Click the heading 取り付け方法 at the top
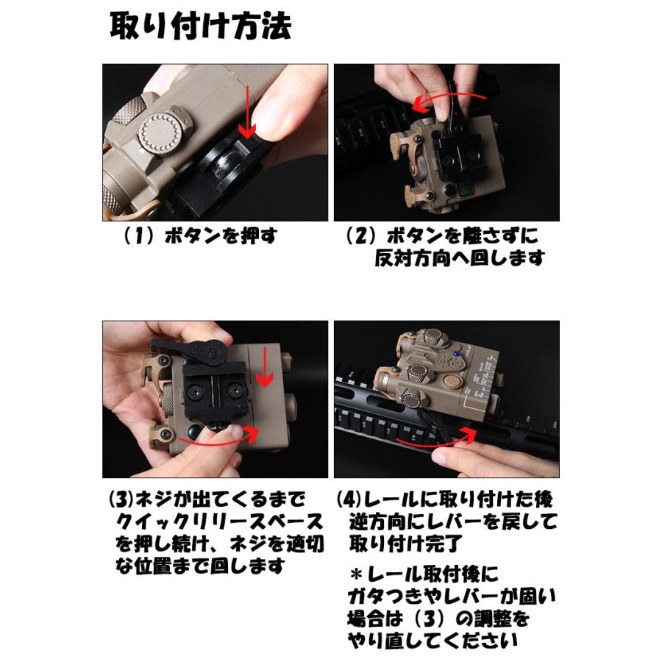coord(201,26)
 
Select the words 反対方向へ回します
coord(459,258)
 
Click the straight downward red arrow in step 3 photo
coord(265,366)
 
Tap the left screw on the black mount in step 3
coord(195,392)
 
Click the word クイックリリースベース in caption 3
coord(219,522)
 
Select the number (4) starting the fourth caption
coord(349,499)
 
